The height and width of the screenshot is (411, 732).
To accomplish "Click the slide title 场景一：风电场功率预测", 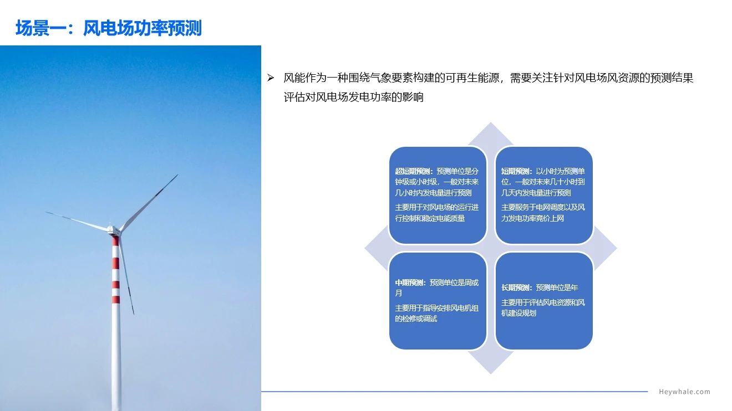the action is [x=109, y=28].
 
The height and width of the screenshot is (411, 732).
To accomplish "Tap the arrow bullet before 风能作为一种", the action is [x=271, y=78].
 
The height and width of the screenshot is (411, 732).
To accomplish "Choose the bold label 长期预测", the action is [x=516, y=287].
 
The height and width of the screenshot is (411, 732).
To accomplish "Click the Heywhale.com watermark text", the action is [x=684, y=392].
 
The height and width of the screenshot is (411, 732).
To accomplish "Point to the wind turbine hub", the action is [x=113, y=230].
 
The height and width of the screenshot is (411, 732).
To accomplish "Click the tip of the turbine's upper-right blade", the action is [x=178, y=174].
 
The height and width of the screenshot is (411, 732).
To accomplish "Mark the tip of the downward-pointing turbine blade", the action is [x=134, y=315].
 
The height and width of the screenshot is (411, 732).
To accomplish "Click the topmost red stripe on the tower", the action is [x=115, y=241].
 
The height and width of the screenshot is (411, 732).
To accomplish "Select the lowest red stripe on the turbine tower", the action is [x=116, y=299].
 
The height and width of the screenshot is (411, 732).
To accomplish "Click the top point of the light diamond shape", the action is [x=491, y=123].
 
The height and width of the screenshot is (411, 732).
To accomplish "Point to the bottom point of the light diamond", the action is [x=491, y=374].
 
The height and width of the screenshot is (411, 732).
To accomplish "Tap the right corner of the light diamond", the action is [x=617, y=249].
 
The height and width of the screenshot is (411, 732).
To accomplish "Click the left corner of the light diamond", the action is [x=365, y=249].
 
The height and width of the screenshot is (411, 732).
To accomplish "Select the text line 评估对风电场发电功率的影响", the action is [x=353, y=97].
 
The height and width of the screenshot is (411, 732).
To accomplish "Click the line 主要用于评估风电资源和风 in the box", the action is [x=543, y=302].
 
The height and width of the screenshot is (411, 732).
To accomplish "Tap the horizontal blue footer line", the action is [x=454, y=391].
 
